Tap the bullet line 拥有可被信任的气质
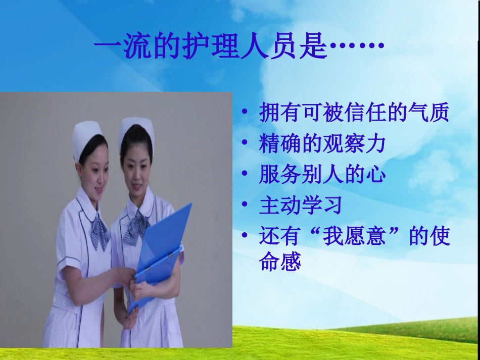click(354, 113)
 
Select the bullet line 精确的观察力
click(322, 144)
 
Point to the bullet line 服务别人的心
click(322, 175)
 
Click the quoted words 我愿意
click(354, 236)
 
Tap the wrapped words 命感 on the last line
click(280, 263)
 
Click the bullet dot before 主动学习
click(245, 205)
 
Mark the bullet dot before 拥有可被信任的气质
click(245, 113)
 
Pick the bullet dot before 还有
click(245, 236)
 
